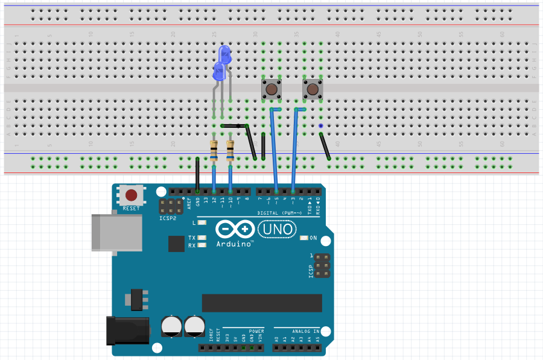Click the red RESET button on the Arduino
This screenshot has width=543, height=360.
132,195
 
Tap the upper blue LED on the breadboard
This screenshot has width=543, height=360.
225,55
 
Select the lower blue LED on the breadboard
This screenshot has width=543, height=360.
219,74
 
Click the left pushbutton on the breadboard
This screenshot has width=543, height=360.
271,90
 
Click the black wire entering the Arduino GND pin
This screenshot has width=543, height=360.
198,175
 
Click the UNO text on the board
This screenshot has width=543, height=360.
277,229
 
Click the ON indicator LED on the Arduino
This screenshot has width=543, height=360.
304,238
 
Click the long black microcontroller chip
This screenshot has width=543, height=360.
262,303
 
